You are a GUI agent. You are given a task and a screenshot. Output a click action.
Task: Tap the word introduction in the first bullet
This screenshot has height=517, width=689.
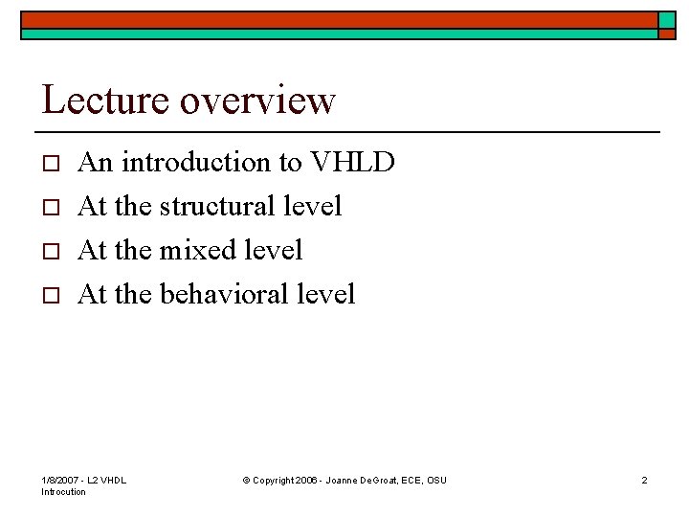tap(196, 163)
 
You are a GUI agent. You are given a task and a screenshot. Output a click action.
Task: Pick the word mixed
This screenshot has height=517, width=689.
tap(197, 250)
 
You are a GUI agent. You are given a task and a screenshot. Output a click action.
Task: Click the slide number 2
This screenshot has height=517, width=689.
tap(644, 480)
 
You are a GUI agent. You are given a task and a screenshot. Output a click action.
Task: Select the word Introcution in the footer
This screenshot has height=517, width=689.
tap(64, 492)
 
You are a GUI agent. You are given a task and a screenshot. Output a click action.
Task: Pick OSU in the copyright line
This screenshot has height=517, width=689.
tap(436, 480)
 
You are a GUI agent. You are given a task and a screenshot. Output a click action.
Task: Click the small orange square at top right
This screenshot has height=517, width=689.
tap(667, 19)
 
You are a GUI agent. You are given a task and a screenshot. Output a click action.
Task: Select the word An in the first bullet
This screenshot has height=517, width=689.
tap(96, 163)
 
